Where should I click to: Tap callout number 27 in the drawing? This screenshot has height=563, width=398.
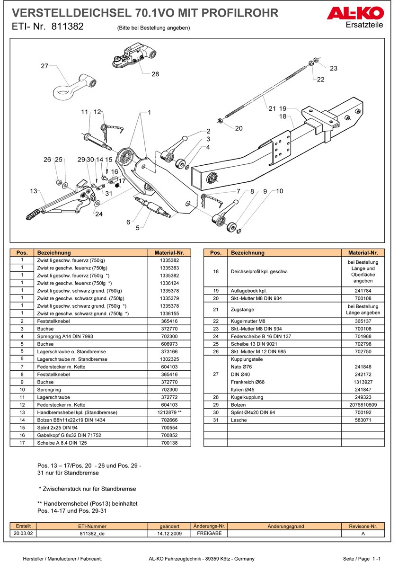(x=44, y=66)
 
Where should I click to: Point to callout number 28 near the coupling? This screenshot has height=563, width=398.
(x=155, y=74)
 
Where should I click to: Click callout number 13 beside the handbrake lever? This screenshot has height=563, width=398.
(x=33, y=191)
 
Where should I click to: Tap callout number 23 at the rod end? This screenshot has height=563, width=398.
(x=334, y=68)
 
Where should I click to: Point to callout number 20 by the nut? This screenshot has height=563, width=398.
(x=239, y=128)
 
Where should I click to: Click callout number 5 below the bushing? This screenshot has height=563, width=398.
(x=137, y=228)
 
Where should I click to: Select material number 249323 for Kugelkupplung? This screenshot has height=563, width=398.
(x=363, y=397)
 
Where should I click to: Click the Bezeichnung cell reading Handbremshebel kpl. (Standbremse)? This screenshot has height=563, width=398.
(x=77, y=412)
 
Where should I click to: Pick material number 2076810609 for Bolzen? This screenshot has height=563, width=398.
(x=363, y=405)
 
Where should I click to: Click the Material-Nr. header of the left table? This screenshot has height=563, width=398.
(x=169, y=253)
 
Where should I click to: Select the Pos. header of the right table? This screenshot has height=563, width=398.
(x=215, y=253)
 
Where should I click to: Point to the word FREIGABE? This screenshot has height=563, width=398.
(x=209, y=533)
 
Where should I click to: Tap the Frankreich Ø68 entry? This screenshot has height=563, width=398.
(x=248, y=382)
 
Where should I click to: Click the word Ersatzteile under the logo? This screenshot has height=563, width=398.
(x=364, y=25)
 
